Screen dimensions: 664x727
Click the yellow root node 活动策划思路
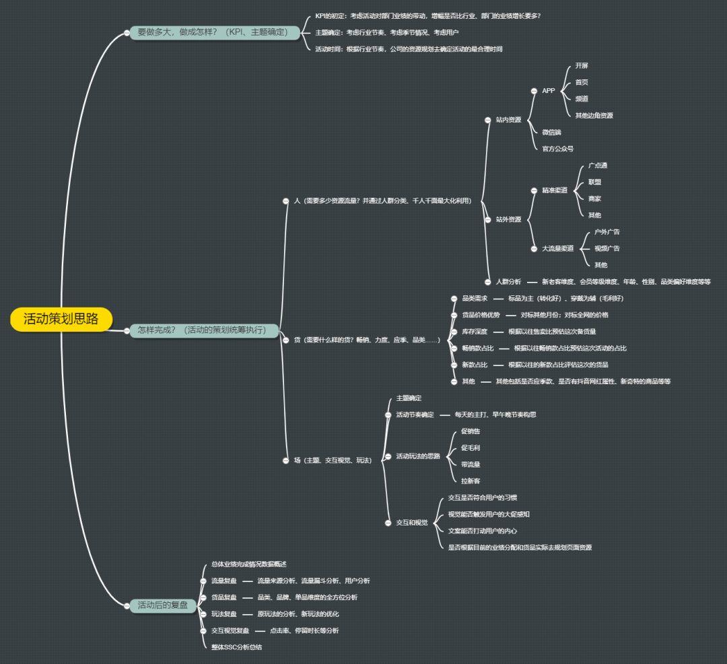[61, 319]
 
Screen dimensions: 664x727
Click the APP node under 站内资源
[549, 91]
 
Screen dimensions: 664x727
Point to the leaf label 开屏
[582, 66]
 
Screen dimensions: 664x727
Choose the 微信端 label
[551, 132]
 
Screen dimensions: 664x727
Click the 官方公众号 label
[558, 149]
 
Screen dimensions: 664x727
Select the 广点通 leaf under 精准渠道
[598, 165]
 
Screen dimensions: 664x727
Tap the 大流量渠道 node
[558, 249]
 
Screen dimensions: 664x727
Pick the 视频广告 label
[607, 249]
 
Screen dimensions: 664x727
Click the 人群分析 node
[508, 282]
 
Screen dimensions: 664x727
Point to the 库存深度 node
[475, 332]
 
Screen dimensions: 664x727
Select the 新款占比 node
[475, 365]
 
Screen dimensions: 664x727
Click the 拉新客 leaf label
[471, 481]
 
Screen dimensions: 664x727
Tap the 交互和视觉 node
[412, 523]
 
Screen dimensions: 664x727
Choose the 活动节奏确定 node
[415, 414]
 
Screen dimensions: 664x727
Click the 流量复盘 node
[223, 581]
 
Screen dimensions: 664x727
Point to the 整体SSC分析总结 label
[236, 647]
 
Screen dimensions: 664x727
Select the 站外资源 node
[508, 219]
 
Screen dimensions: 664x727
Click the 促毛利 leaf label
[471, 448]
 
